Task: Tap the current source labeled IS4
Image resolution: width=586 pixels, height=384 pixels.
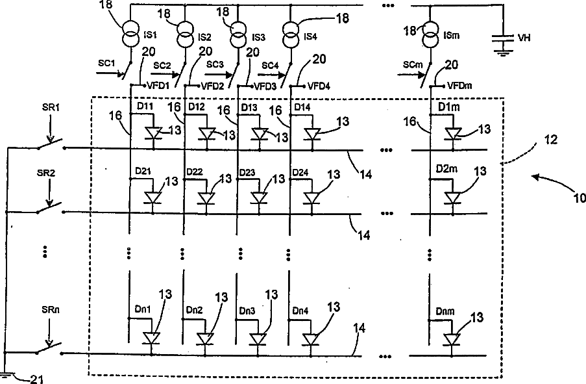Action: tap(291, 32)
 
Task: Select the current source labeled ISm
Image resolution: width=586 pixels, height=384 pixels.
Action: tap(430, 34)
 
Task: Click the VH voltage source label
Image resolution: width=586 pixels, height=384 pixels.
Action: tap(524, 38)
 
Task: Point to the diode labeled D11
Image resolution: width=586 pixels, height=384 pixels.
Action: tap(153, 133)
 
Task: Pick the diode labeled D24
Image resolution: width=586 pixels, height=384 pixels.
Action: tap(311, 198)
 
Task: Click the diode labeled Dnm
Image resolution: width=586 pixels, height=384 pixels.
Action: tap(452, 339)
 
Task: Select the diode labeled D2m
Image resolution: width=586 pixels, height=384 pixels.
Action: tap(452, 198)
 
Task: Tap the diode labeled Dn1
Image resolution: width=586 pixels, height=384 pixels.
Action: tap(151, 338)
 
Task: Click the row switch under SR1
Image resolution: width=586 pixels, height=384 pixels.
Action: tap(51, 144)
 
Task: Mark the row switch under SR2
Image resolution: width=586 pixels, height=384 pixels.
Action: tap(51, 209)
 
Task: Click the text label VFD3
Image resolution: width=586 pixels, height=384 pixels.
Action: tap(265, 87)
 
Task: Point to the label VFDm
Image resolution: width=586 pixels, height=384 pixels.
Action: tap(459, 86)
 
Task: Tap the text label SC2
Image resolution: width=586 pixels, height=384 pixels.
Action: tap(162, 66)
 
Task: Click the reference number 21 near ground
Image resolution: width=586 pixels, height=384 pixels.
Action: tap(36, 379)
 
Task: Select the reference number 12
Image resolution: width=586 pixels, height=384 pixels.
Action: tap(551, 140)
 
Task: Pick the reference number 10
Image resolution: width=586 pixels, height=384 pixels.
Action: tap(580, 198)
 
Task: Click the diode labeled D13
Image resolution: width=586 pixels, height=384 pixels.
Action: tap(260, 134)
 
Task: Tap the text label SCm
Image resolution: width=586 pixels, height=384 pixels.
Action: tap(413, 65)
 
